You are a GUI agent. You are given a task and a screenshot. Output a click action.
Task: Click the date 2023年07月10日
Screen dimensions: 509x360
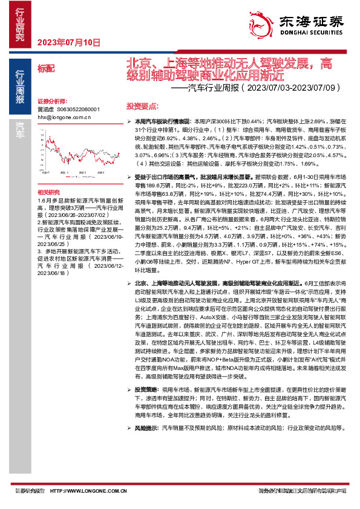pyautogui.click(x=68, y=42)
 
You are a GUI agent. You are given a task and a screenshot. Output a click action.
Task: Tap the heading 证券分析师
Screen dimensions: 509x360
pyautogui.click(x=51, y=101)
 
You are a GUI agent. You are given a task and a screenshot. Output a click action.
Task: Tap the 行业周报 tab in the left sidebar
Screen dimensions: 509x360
pyautogui.click(x=20, y=85)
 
